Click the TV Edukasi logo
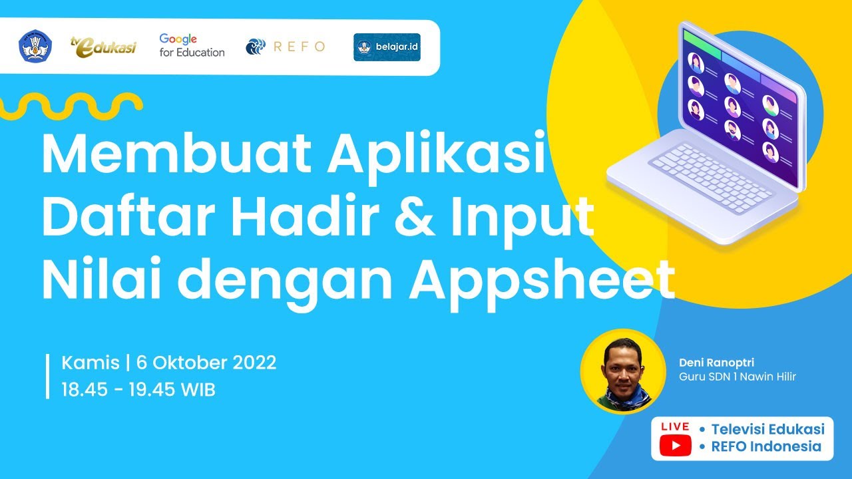click(x=103, y=46)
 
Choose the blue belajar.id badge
click(x=387, y=47)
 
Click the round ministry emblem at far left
click(x=35, y=47)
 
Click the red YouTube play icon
click(x=675, y=446)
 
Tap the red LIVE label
click(x=675, y=426)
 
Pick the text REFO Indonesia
click(x=766, y=446)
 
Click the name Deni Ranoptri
click(x=712, y=363)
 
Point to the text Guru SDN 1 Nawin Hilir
click(x=737, y=377)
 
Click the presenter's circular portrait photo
click(x=622, y=371)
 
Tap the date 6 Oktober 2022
click(x=206, y=363)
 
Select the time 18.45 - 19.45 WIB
click(x=138, y=389)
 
